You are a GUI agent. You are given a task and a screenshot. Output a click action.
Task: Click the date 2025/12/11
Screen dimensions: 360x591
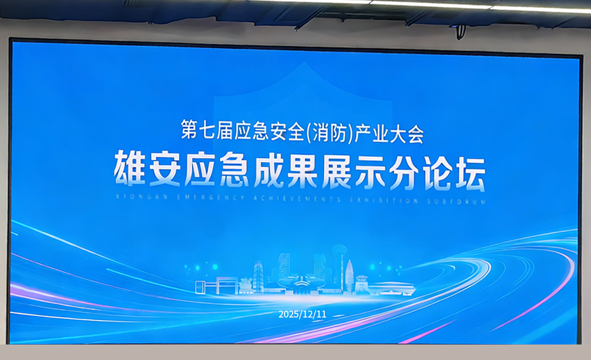(302, 314)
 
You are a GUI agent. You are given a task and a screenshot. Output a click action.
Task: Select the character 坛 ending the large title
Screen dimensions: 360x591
(468, 170)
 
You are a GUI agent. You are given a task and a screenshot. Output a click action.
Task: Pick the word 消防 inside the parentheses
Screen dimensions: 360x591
(328, 133)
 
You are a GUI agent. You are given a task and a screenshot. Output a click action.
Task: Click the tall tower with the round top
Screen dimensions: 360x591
(339, 264)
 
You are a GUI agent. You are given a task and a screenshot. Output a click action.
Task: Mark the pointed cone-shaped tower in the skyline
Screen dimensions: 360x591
(349, 274)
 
